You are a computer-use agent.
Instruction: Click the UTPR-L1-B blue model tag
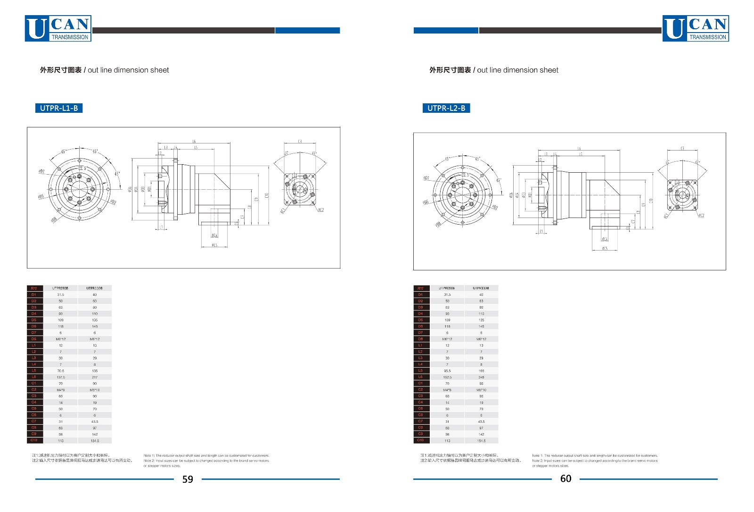59,108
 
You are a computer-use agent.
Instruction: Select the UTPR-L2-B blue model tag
446,108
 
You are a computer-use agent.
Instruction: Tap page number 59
188,479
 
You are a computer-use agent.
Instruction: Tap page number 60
565,478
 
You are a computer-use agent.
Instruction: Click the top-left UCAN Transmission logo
58,29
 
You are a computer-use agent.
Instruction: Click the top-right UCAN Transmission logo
696,29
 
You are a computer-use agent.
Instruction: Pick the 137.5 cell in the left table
61,377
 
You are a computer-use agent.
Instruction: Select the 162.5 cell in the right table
447,377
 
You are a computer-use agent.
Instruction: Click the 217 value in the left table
95,377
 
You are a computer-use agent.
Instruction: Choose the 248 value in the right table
481,377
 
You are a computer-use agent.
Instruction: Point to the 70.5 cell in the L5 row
61,371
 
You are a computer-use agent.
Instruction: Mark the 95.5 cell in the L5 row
447,371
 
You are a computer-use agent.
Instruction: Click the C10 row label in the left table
34,440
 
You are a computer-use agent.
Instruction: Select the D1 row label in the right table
420,294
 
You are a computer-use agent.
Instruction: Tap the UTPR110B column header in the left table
95,288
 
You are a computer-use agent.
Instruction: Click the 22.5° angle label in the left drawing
82,168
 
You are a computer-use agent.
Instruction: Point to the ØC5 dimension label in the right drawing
605,248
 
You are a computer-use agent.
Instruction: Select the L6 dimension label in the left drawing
194,142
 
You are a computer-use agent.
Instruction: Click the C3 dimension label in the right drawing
682,149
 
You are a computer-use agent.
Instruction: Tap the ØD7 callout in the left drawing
41,171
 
